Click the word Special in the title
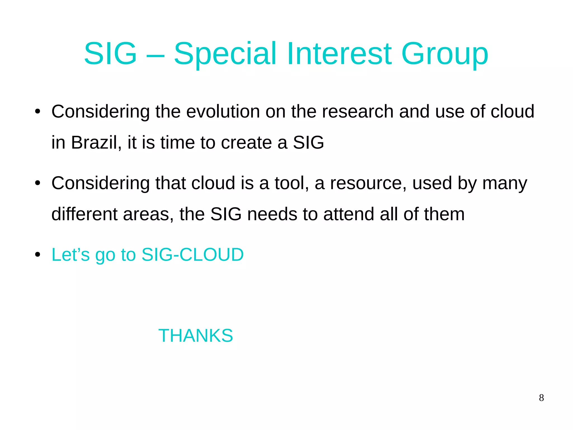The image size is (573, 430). pos(225,54)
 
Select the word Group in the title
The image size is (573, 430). pos(445,54)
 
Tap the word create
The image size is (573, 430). pos(246,142)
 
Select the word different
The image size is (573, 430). pos(84,214)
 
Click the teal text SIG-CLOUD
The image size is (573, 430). pos(192,255)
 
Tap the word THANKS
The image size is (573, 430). pos(196,335)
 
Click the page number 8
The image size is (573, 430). pos(541,398)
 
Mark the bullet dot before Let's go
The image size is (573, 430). pos(38,255)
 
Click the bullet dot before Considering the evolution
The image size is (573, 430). pos(38,112)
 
